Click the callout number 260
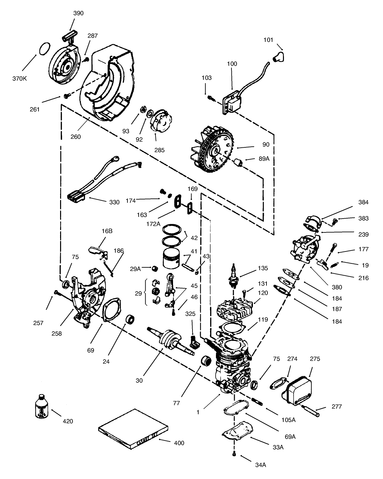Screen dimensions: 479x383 76,136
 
